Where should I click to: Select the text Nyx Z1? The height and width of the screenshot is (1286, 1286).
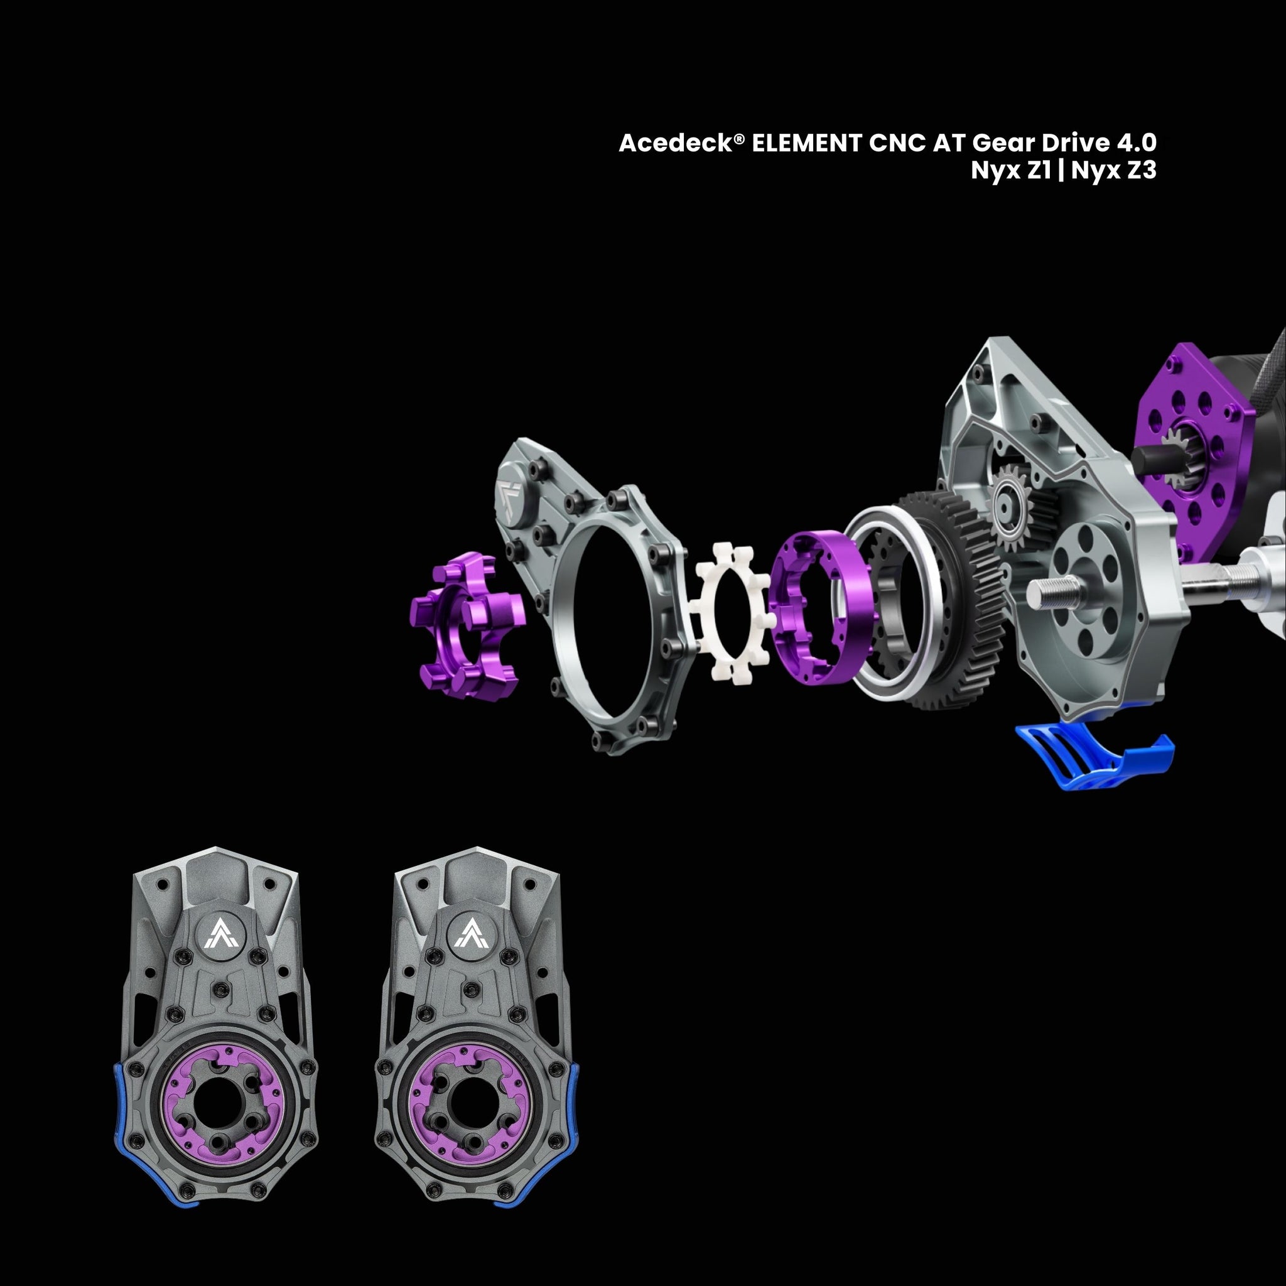[1010, 171]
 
